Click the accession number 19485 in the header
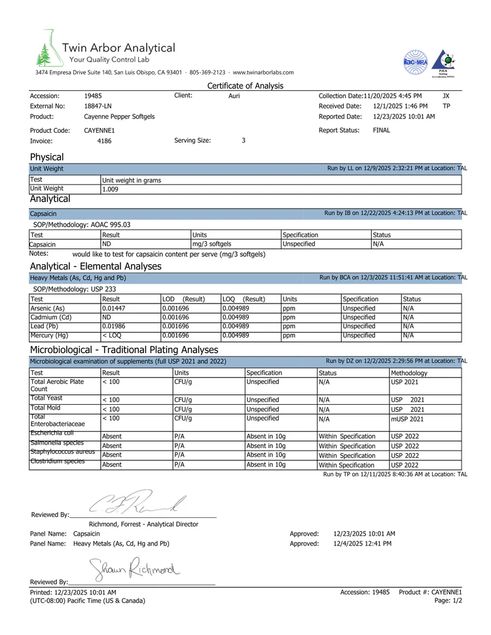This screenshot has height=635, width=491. pos(93,95)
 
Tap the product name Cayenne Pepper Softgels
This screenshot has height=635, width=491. pos(119,116)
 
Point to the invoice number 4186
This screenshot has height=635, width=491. pos(105,141)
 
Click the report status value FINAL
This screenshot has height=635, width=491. pos(382,130)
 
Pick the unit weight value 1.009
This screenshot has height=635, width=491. pos(111,190)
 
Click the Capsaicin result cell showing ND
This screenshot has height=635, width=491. pos(107,244)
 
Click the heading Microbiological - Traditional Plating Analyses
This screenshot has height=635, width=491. pos(124,350)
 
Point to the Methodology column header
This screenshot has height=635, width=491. pos(409,373)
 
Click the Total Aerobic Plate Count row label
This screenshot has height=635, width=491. pos(57,385)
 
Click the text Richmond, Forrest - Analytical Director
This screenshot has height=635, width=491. pos(143,524)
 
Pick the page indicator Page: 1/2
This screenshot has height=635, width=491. pos(448,600)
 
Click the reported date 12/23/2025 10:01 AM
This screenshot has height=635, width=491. pos(403,116)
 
